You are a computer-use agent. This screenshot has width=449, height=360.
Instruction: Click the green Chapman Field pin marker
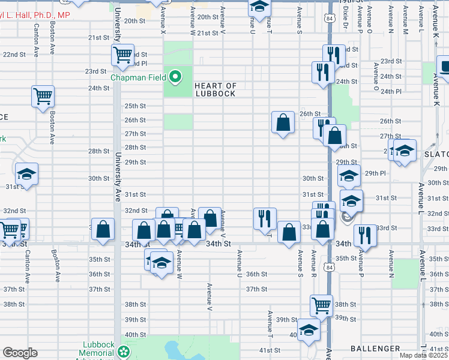pos(175,77)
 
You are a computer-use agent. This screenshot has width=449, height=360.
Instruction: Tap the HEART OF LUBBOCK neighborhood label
pos(215,90)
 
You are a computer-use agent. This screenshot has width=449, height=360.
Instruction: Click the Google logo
pos(20,353)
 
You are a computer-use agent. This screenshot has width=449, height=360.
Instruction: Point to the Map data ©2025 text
pos(423,356)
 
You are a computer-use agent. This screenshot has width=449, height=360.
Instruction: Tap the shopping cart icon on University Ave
pos(122,55)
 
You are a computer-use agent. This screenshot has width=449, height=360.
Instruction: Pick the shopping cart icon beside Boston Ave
pos(43,96)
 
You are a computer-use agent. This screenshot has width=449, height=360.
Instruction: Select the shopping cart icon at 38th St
pos(321,305)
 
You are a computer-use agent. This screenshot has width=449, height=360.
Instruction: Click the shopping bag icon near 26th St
pos(283,122)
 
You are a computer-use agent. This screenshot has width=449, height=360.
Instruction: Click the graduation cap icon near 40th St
pos(309,331)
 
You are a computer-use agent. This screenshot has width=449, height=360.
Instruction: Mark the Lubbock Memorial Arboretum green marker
pos(124,351)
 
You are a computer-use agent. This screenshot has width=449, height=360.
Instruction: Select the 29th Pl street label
pos(375,173)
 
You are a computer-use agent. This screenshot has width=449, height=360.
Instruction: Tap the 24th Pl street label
pos(391,91)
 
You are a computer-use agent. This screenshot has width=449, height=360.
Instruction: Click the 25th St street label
pos(135,106)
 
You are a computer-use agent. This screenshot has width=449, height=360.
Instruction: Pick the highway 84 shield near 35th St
pos(327,265)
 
